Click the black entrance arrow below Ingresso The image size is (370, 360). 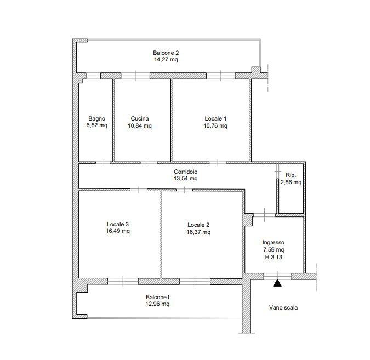pos(277,283)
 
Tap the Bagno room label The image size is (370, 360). pos(96,118)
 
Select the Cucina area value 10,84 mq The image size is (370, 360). pos(140,125)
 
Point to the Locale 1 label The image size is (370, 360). pos(215,118)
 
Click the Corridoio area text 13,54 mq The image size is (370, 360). pos(186,178)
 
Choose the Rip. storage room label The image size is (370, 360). pos(291,175)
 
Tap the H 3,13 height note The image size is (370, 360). pos(274,257)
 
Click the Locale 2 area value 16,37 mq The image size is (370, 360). pos(198,232)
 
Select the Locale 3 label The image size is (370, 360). pos(117,224)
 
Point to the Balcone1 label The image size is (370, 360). pos(157,297)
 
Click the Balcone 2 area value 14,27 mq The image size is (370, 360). pos(166,59)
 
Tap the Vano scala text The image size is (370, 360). pos(283,307)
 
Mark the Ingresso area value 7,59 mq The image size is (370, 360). pos(274,250)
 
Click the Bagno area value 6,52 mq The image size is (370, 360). pos(96,125)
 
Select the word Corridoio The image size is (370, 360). pos(186,172)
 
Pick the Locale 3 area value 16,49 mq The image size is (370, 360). pos(118,231)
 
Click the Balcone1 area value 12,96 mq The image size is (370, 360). pos(157,304)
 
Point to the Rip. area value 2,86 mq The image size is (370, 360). pos(291,182)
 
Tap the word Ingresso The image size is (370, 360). pos(274,243)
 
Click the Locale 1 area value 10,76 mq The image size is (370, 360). pos(215,125)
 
